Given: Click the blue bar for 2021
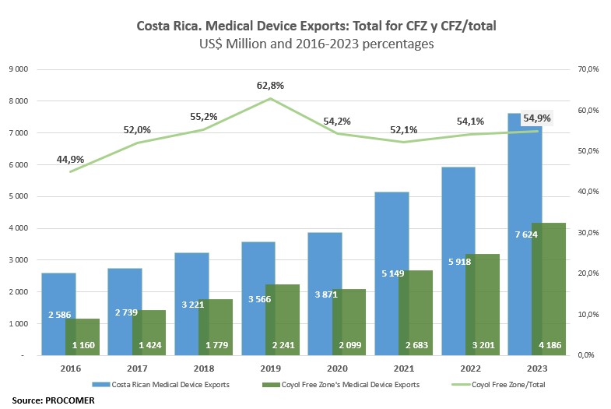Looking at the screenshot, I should (x=392, y=234).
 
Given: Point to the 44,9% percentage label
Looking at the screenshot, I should (x=70, y=160).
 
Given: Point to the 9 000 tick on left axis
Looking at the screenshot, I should (x=17, y=69).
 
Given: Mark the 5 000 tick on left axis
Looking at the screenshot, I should (x=17, y=196).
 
